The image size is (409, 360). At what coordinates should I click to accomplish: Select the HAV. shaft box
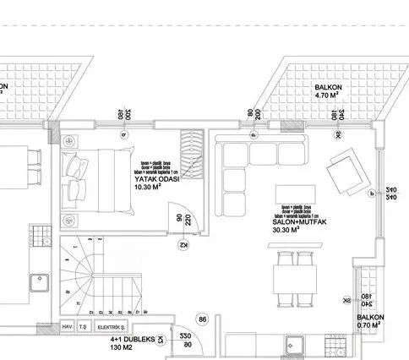pos(68,327)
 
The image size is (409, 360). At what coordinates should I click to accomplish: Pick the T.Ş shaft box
pos(83,327)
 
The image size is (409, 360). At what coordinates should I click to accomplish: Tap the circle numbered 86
pos(202,319)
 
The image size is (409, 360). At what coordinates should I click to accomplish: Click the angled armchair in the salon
pos(346,170)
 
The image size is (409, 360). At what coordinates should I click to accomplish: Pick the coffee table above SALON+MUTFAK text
pos(295,194)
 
